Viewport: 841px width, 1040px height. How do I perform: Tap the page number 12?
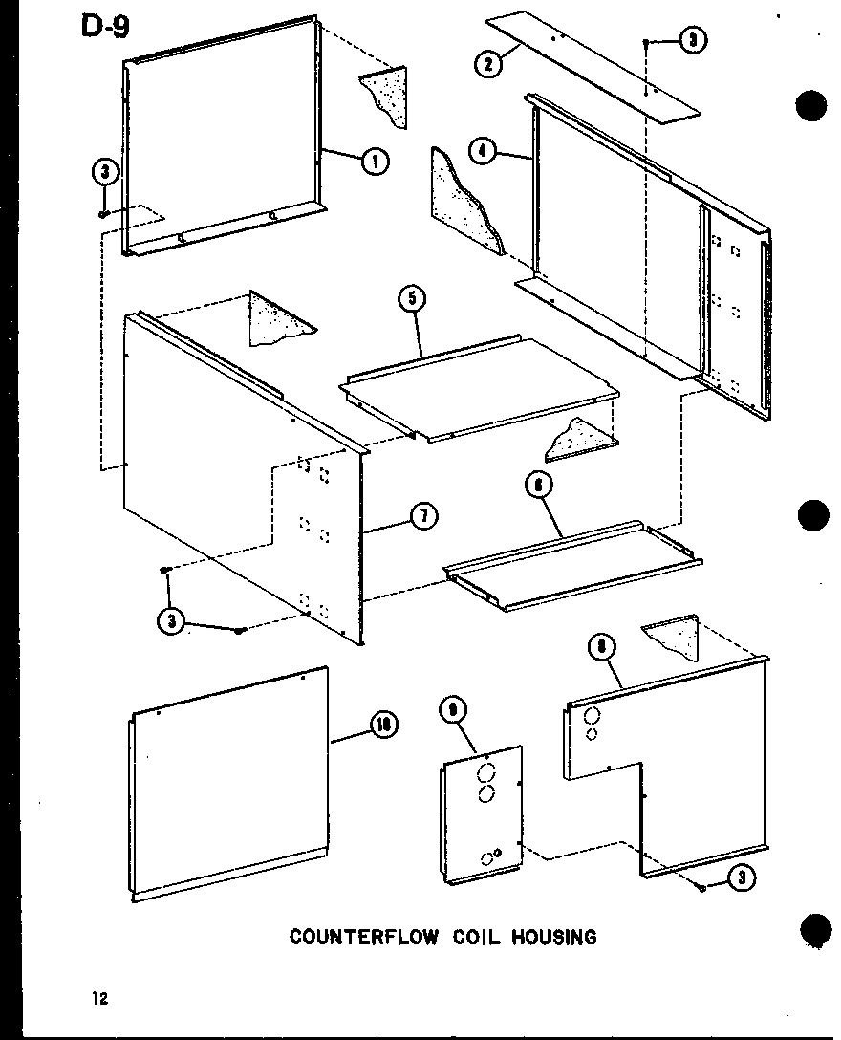coord(99,1000)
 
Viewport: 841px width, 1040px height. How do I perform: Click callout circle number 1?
coord(374,162)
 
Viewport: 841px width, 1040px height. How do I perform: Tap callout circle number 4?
coord(484,151)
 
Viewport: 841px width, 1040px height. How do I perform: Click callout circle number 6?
coord(539,487)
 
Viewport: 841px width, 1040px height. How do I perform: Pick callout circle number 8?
coord(601,649)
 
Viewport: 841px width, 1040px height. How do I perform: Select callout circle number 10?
coord(384,726)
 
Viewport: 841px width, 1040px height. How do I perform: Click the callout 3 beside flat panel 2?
coord(693,40)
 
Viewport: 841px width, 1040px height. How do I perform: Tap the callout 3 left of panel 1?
coord(103,173)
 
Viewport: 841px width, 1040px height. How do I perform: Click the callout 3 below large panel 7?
coord(171,620)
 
